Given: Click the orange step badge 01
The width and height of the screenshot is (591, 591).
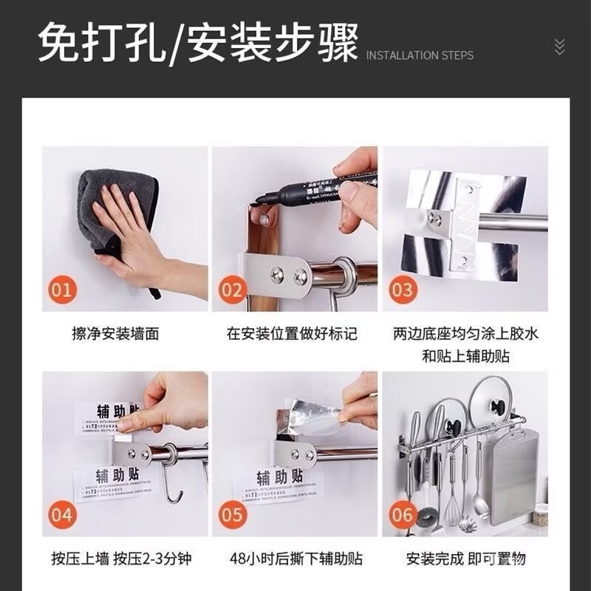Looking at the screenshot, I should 62,289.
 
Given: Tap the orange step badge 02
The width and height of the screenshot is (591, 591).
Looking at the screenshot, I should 232,289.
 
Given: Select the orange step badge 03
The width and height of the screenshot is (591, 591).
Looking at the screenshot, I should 402,289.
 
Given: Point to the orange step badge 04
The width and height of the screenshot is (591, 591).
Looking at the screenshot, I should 62,514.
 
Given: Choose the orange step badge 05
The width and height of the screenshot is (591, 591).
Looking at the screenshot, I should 232,514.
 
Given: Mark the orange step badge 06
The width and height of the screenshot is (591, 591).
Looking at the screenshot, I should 402,514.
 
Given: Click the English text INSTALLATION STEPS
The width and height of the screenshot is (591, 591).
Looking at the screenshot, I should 420,55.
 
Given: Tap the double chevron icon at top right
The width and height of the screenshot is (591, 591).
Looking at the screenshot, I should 559,47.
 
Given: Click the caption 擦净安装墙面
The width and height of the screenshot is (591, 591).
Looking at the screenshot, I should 115,334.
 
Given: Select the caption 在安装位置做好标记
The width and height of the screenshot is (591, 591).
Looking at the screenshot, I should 292,334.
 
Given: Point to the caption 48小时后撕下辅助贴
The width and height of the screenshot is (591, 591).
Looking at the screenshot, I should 295,558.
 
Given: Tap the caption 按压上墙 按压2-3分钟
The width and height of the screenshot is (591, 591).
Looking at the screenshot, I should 122,558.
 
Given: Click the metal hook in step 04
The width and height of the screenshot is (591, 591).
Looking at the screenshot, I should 171,481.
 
